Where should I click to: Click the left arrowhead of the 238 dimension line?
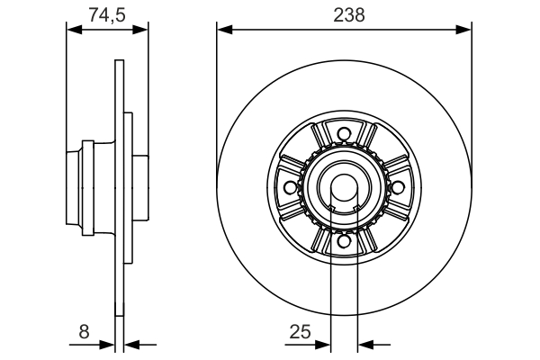[223, 30]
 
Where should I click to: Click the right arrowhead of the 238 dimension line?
[466, 30]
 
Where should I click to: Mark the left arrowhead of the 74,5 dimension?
[74, 30]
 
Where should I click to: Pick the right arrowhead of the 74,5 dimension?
[141, 30]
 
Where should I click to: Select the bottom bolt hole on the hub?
[343, 240]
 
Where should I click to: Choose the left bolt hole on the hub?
[290, 187]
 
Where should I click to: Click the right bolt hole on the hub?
[396, 187]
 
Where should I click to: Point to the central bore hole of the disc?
[343, 187]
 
